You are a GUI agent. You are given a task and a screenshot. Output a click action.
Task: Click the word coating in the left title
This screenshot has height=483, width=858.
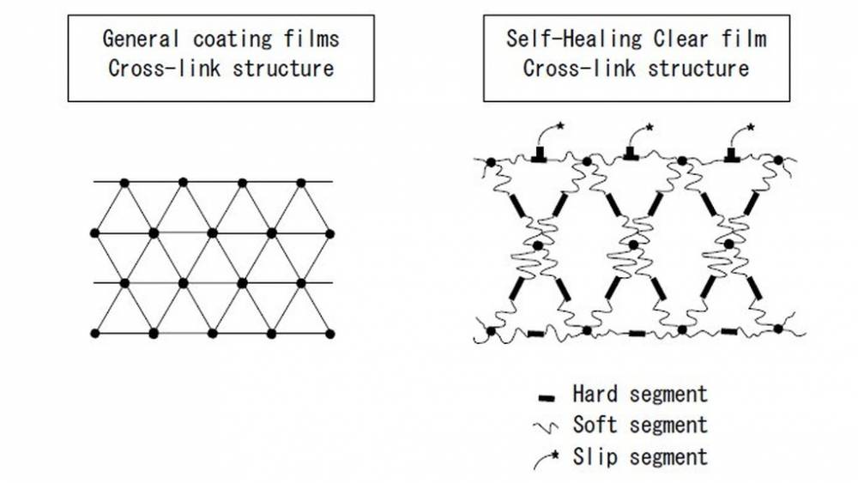pos(217,39)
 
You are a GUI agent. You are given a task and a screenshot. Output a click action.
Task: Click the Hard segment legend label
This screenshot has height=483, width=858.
pos(640,395)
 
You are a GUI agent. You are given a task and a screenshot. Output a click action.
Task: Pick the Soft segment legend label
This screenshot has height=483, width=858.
pos(640,426)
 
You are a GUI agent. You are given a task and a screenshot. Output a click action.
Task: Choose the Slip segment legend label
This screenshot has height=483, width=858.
pos(640,456)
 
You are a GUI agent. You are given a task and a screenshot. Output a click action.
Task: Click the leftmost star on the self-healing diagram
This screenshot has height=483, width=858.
pos(561,127)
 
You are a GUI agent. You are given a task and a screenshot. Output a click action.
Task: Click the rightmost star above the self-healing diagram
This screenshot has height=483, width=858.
pos(752,127)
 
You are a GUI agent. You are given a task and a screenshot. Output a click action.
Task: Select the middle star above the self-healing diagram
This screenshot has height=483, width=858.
pos(650,127)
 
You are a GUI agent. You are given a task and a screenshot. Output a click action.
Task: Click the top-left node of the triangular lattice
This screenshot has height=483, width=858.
pos(124,182)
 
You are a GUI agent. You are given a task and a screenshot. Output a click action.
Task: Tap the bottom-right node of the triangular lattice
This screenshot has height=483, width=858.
pos(330,333)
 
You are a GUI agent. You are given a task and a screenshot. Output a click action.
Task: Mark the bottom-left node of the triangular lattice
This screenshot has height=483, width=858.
pos(94,333)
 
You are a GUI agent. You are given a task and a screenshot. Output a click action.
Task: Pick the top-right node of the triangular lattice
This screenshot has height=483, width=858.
pos(300,182)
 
